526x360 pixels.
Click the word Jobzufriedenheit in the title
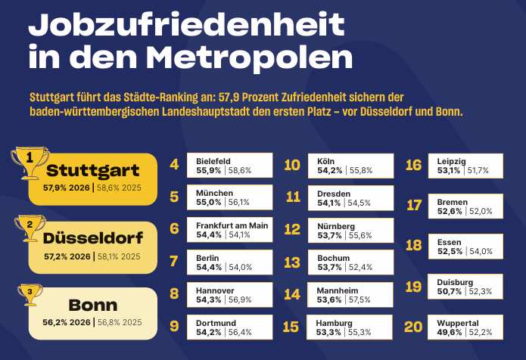(186, 25)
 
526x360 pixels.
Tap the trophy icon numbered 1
(30, 163)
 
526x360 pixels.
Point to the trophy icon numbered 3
(30, 295)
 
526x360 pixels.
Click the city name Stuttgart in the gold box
(92, 171)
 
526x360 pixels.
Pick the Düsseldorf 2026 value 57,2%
(57, 256)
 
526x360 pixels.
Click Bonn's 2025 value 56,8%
(108, 322)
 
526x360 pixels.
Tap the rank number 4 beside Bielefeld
(174, 165)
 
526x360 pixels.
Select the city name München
(214, 193)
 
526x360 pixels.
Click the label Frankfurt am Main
(232, 225)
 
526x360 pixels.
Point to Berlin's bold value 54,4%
(209, 267)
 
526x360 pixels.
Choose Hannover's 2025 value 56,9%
(240, 299)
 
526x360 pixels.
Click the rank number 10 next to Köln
(292, 165)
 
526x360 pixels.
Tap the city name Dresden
(334, 194)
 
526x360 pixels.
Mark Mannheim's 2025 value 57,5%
(359, 299)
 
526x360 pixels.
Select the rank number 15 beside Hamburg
(291, 327)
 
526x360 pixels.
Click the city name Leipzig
(452, 162)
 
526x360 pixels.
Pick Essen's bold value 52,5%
(450, 251)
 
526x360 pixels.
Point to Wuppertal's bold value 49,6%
(449, 333)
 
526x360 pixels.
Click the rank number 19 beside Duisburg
(413, 287)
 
